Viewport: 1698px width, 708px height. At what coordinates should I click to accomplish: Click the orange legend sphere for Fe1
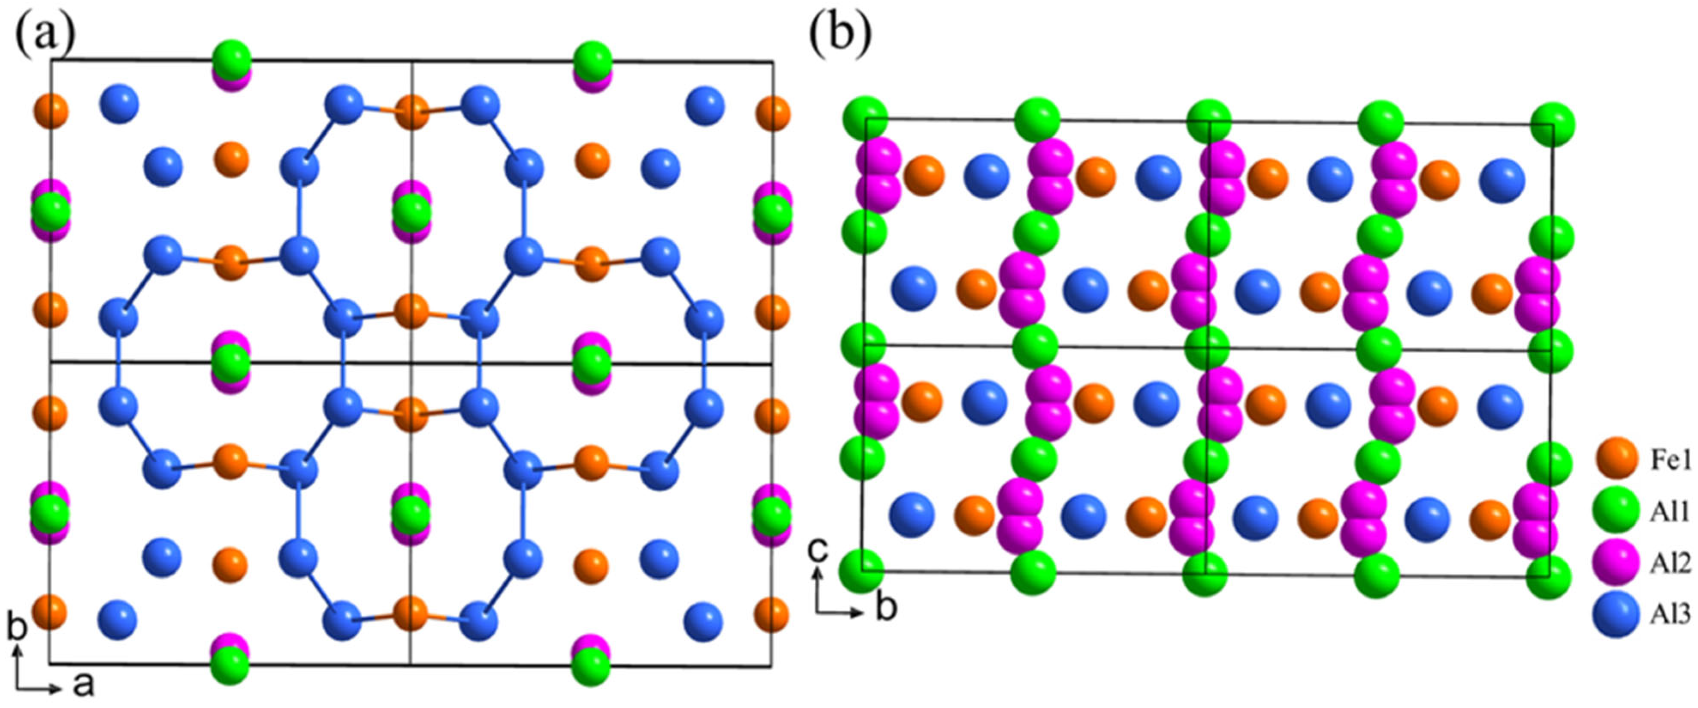tap(1616, 459)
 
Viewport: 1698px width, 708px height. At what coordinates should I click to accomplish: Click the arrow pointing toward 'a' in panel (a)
tap(39, 687)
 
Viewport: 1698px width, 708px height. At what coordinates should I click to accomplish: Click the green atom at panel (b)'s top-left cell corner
tap(865, 119)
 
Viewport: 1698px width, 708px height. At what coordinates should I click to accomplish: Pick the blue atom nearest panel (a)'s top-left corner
tap(119, 103)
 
